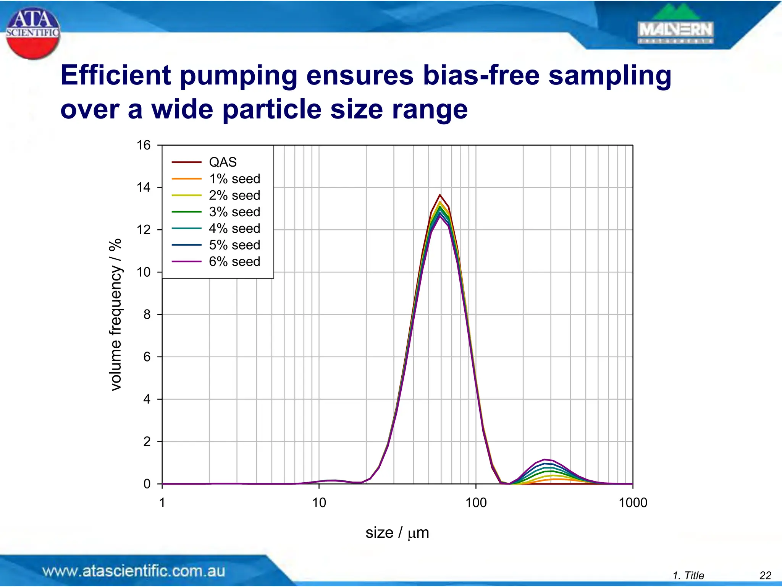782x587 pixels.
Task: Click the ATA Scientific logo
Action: pos(33,33)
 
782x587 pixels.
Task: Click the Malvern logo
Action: pos(675,26)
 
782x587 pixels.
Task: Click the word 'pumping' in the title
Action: pos(238,75)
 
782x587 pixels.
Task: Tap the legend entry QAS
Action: pos(223,162)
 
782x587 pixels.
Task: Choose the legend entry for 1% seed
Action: pos(234,178)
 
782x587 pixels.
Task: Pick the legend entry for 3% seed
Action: pos(234,212)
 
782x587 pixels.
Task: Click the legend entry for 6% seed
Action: pos(234,261)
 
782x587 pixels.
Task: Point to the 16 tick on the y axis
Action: pos(144,145)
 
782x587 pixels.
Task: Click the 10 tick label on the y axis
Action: pos(144,272)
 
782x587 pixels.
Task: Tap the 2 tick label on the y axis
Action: pos(147,441)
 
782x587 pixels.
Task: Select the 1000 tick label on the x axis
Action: pos(633,502)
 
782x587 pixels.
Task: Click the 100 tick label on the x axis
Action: pos(476,502)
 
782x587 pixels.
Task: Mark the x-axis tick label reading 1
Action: pos(162,502)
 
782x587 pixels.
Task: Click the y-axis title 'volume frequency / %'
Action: pos(115,314)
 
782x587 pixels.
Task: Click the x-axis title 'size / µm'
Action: pos(397,532)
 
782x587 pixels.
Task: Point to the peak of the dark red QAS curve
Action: pos(440,195)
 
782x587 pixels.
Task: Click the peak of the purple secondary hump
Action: pos(544,459)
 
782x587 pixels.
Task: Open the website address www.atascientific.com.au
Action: pos(134,571)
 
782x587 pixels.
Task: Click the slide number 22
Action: pos(765,575)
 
